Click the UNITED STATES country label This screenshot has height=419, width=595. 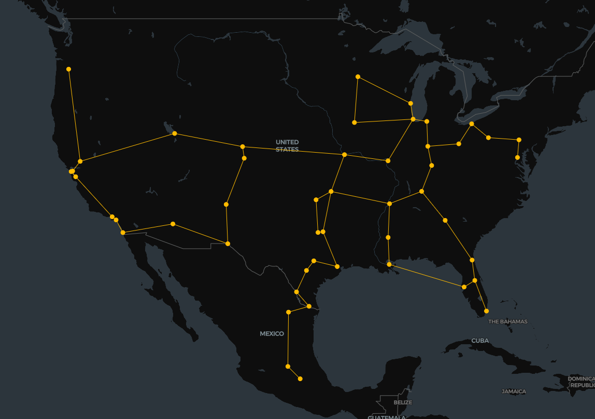pyautogui.click(x=287, y=145)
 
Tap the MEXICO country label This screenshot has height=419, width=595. pyautogui.click(x=272, y=333)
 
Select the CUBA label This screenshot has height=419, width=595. pyautogui.click(x=479, y=341)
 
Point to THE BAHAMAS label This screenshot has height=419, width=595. pyautogui.click(x=507, y=321)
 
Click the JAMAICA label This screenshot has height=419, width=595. pyautogui.click(x=513, y=391)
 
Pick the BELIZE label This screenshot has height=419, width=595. pyautogui.click(x=403, y=402)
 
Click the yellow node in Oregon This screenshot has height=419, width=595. pyautogui.click(x=68, y=69)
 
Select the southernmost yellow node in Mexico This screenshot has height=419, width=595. pyautogui.click(x=300, y=379)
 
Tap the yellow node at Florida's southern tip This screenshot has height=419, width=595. pyautogui.click(x=486, y=311)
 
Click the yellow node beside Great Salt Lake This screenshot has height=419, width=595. pyautogui.click(x=175, y=133)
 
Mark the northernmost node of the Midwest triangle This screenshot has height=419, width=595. pyautogui.click(x=358, y=77)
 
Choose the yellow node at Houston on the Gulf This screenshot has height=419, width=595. pyautogui.click(x=338, y=267)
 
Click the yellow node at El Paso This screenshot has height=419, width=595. pyautogui.click(x=228, y=244)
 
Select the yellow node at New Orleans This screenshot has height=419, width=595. pyautogui.click(x=389, y=264)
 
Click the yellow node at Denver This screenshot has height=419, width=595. pyautogui.click(x=243, y=146)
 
